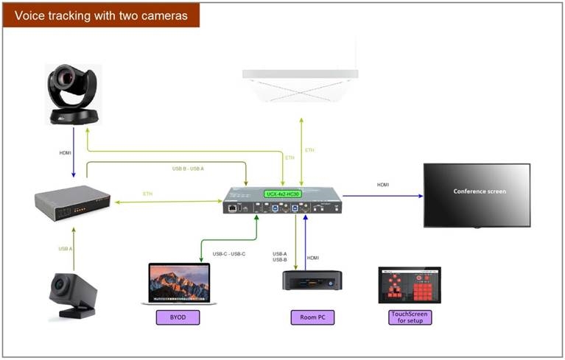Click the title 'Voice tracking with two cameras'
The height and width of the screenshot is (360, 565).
(101, 15)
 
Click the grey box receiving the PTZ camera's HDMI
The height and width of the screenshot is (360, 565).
(72, 201)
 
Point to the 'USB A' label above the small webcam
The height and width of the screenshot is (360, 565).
(65, 248)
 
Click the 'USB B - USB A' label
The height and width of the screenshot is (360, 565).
(188, 169)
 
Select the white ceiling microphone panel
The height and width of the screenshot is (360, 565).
(300, 82)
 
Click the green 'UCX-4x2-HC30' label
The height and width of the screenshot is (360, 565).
(284, 194)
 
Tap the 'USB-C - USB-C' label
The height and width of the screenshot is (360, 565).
(229, 254)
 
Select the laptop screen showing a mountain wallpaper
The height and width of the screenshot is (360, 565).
(178, 281)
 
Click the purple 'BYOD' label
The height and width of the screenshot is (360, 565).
(178, 317)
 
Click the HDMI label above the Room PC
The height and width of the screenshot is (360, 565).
(313, 258)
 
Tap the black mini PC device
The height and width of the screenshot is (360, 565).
(312, 280)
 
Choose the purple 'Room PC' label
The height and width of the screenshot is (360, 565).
(312, 317)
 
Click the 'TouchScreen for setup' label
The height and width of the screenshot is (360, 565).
(409, 317)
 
